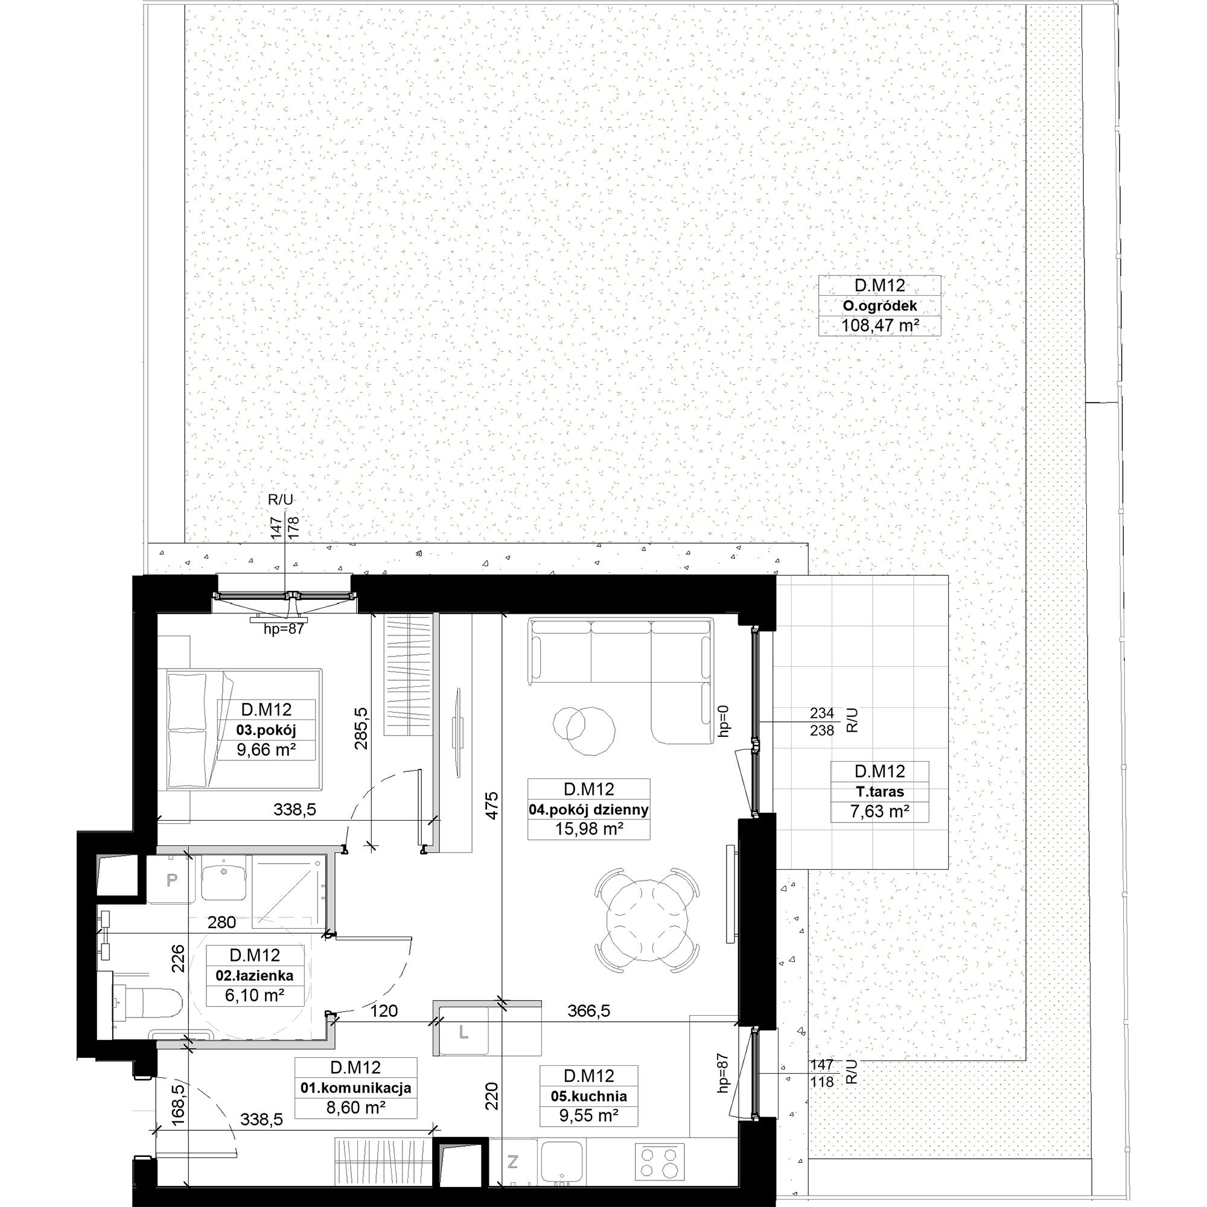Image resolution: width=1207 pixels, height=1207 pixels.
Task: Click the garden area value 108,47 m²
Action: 880,325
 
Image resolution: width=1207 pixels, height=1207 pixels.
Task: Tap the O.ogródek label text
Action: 880,305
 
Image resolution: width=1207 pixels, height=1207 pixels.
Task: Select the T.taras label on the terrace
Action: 880,792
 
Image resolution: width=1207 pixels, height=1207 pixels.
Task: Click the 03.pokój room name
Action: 266,730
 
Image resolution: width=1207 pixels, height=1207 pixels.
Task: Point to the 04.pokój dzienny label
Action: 588,811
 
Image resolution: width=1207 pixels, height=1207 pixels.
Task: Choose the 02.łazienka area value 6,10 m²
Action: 255,995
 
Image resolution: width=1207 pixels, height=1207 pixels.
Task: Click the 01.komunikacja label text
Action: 355,1088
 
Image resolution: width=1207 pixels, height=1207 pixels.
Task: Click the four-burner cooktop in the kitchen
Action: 659,1161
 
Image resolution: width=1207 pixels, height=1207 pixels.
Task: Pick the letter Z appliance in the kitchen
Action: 512,1161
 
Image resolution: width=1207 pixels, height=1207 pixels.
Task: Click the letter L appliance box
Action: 463,1033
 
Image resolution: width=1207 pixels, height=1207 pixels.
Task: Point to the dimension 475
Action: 492,806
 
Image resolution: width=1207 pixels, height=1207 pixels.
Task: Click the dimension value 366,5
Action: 588,1011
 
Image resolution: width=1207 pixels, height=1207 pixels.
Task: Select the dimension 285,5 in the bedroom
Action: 361,728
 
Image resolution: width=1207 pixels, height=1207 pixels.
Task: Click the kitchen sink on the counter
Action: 562,1161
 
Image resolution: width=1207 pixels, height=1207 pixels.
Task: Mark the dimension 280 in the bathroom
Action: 221,922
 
